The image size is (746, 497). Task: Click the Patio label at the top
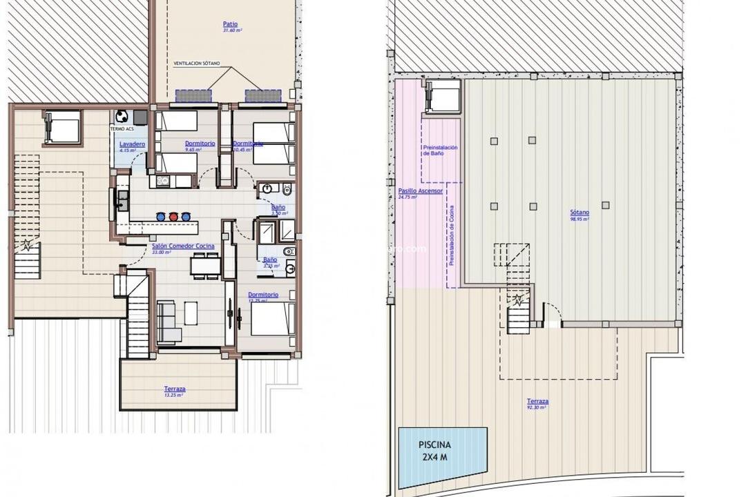230,24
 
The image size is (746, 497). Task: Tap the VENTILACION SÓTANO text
196,63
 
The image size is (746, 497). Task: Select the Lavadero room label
132,144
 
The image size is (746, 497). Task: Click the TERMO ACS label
122,129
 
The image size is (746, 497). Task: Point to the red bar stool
173,217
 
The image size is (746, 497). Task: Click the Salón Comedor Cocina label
182,246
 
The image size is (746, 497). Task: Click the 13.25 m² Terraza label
174,389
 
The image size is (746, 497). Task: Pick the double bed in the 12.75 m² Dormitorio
271,320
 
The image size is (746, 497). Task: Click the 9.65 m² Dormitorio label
200,144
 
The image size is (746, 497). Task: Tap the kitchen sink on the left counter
122,199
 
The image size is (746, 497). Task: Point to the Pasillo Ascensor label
420,191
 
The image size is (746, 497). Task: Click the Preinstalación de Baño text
440,150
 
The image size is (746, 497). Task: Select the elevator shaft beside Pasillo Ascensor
443,96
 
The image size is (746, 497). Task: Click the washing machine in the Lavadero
122,116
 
